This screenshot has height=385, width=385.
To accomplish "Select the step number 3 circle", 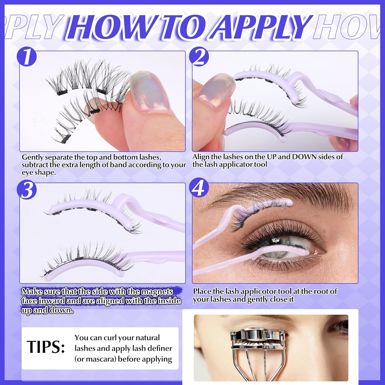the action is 27,190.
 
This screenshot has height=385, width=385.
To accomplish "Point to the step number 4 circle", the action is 199,188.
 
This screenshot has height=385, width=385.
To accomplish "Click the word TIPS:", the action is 46,347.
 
